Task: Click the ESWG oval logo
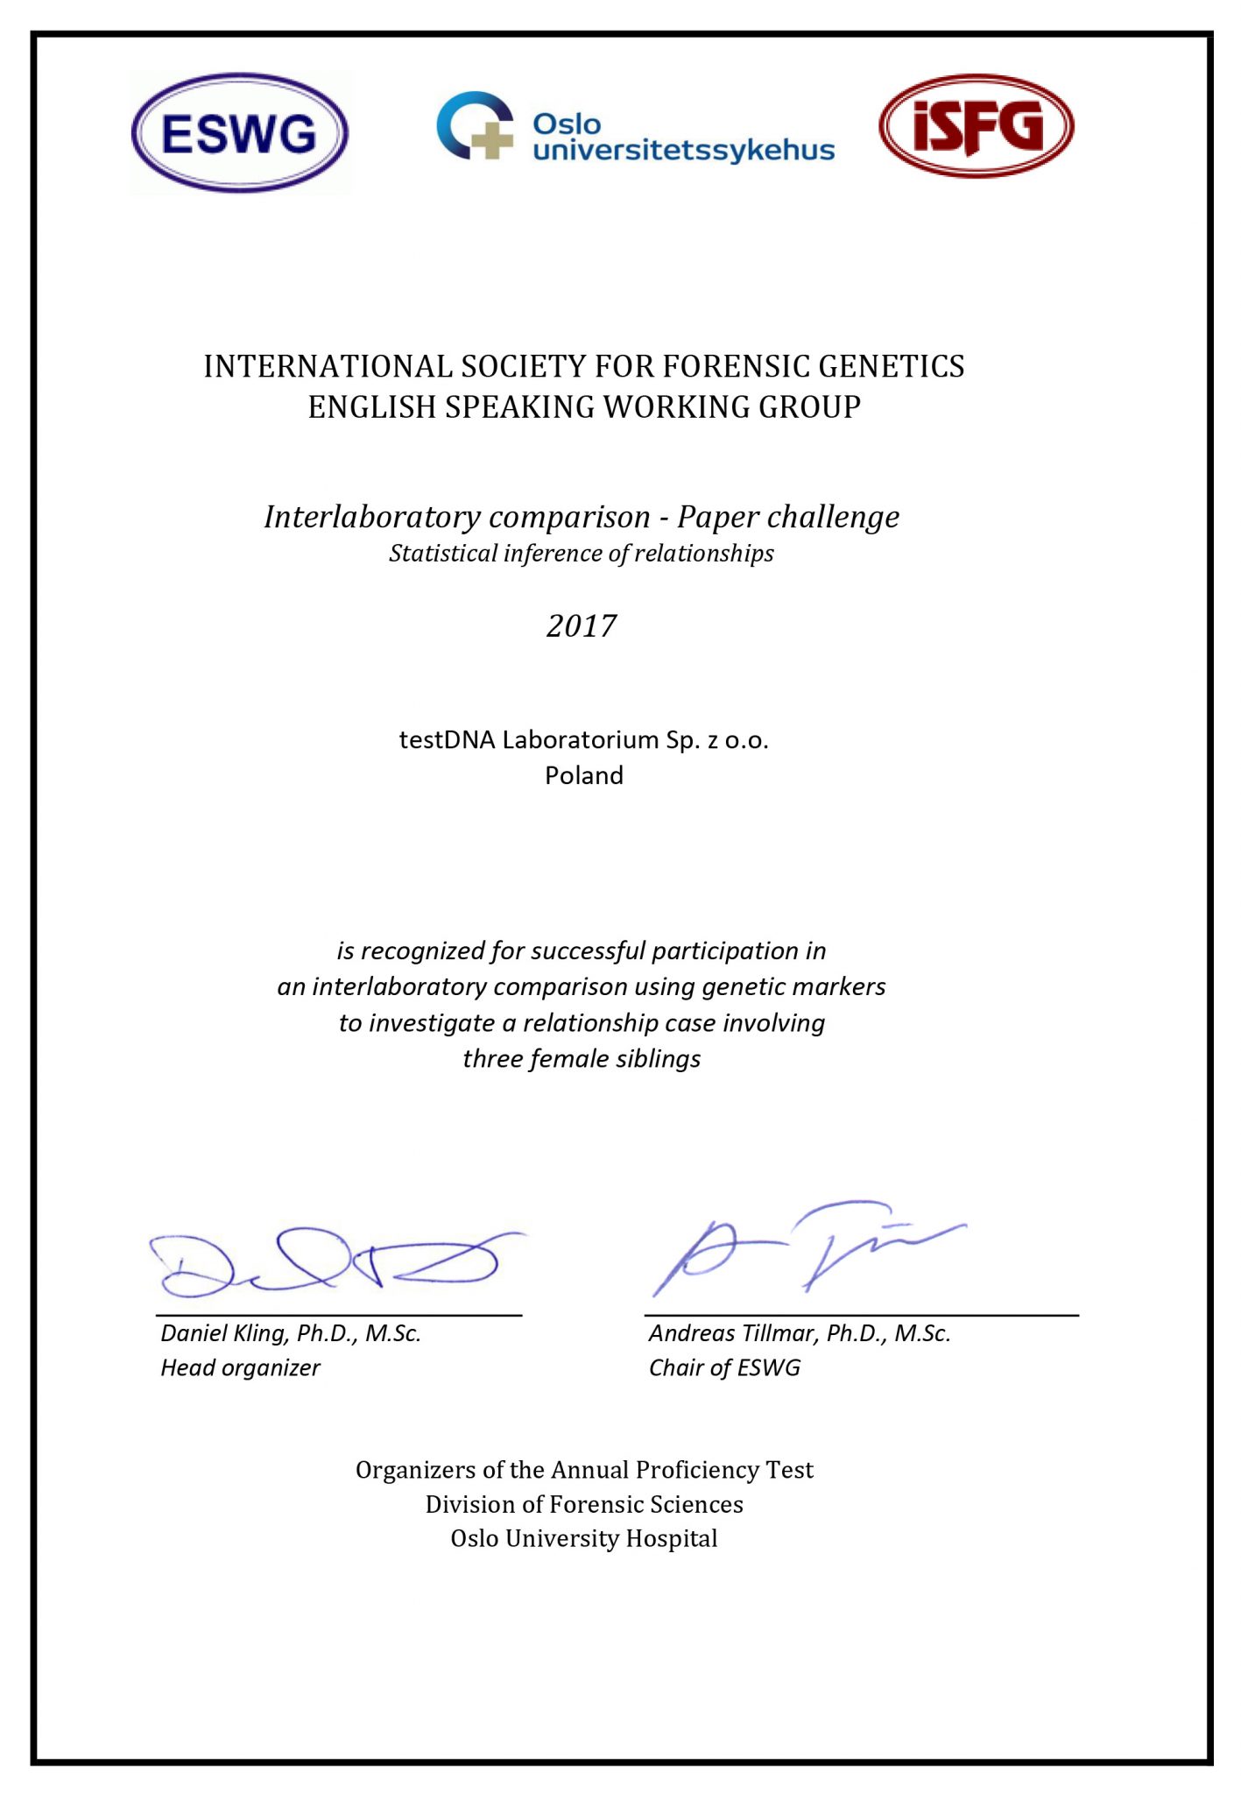click(x=240, y=133)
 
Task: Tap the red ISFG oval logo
click(x=977, y=126)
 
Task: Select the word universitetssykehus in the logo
click(x=683, y=151)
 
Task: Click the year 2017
click(x=582, y=625)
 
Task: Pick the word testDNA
click(x=447, y=740)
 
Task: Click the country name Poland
click(x=584, y=775)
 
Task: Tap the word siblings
click(x=658, y=1059)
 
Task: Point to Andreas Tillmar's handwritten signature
click(x=806, y=1248)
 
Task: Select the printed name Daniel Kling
click(x=225, y=1333)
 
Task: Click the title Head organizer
click(x=240, y=1368)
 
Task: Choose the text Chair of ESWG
click(x=724, y=1368)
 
